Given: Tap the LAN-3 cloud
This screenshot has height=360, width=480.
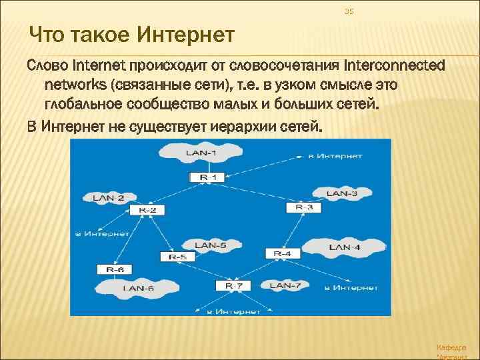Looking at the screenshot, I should coord(342,193).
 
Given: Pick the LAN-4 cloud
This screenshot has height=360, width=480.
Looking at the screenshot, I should coord(345,247).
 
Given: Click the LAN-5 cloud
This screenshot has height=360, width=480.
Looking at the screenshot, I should coord(210,245).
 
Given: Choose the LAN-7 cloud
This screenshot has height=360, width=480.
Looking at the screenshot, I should coord(285,285).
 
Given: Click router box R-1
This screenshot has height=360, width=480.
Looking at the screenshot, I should coord(208,177).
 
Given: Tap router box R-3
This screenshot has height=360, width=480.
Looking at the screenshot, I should coord(303,208).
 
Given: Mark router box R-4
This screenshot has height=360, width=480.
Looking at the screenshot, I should coord(282,253).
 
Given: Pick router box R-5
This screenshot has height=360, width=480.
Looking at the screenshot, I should coord(177,257).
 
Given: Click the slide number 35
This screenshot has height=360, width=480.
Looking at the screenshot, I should coord(348,11).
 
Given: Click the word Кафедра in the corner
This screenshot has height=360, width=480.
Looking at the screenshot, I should coord(451,347).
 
